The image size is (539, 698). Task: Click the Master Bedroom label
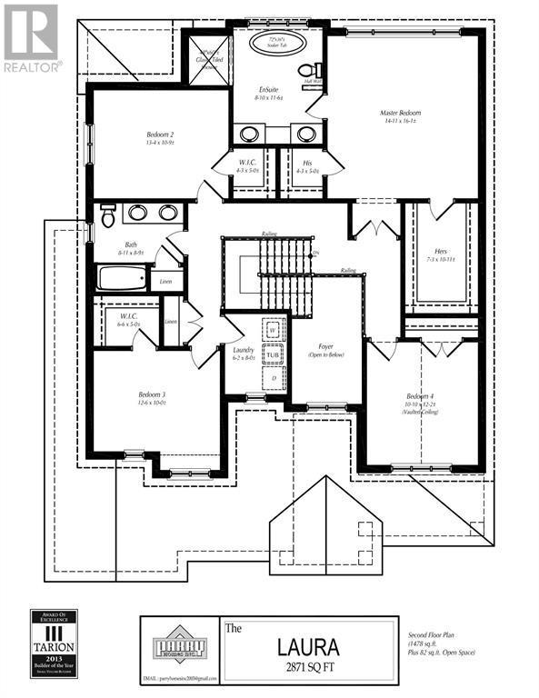400,114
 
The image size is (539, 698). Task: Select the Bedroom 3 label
151,394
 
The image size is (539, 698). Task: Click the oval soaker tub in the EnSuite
274,46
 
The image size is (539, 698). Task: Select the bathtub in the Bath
123,277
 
